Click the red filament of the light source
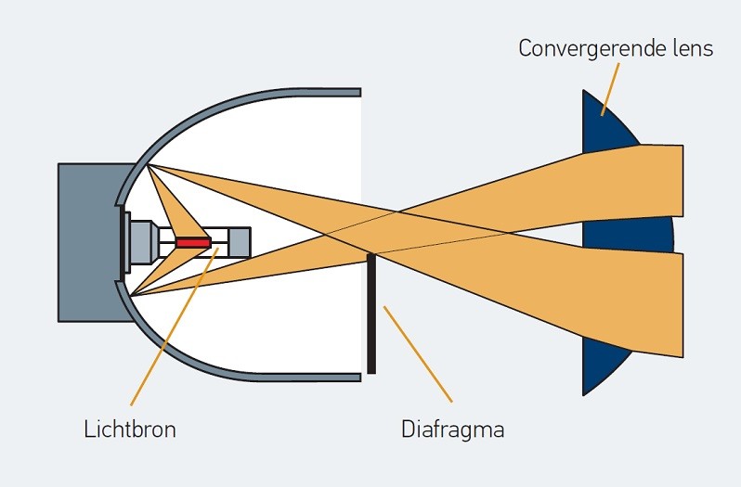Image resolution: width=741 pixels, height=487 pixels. point(194,242)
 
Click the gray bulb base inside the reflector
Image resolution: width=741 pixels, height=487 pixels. point(142,242)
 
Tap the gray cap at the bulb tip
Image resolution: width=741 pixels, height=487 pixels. point(240,242)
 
